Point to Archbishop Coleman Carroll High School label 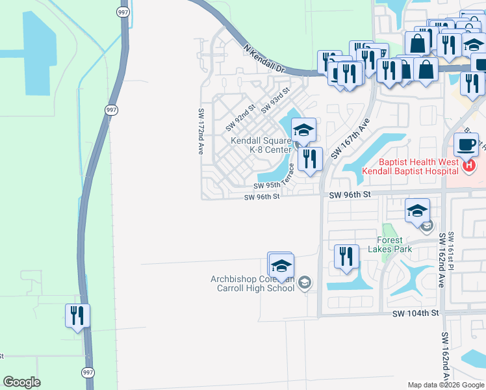click(x=253, y=283)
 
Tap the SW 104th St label click(x=416, y=313)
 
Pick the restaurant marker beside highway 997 click(x=77, y=316)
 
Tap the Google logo click(x=22, y=382)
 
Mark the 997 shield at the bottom click(x=88, y=372)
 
